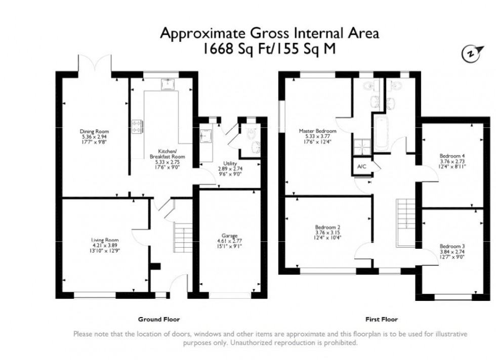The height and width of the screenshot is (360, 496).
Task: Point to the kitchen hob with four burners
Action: click(x=137, y=126)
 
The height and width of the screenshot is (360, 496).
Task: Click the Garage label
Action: click(x=229, y=236)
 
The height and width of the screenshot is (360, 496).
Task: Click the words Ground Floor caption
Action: click(x=159, y=320)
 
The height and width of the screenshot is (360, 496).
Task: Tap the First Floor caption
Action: click(x=382, y=320)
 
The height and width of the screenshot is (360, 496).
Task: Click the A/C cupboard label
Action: click(x=361, y=166)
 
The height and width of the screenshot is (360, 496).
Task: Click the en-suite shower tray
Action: click(x=361, y=146)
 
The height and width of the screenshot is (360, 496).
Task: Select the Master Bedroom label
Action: click(x=317, y=131)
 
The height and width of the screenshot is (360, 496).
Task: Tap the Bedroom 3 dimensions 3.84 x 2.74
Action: click(x=452, y=251)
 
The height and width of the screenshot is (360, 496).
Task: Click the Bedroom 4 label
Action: click(x=452, y=155)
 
